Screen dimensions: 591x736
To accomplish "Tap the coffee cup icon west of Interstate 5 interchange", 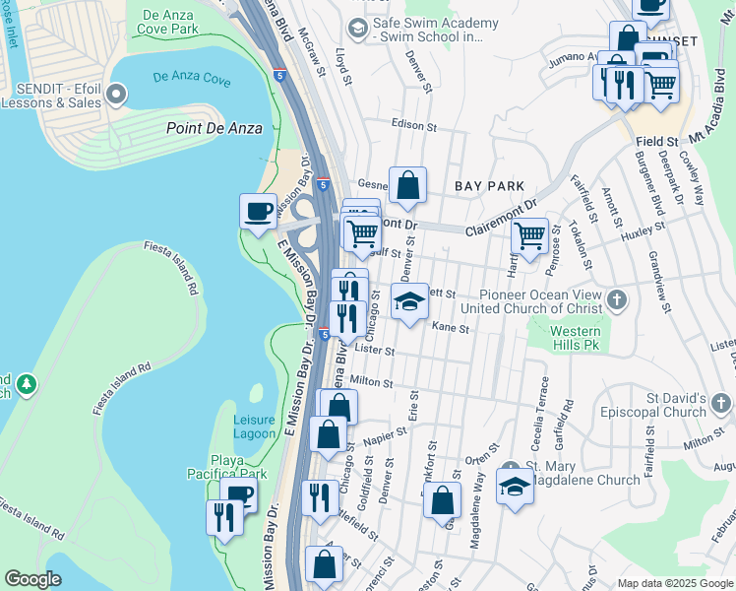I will click(258, 212).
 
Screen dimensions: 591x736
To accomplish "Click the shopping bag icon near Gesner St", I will click(407, 184).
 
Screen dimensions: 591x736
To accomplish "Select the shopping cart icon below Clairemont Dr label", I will click(530, 236).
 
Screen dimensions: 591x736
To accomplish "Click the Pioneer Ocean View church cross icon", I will click(616, 298).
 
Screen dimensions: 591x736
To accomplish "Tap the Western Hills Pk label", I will click(575, 339).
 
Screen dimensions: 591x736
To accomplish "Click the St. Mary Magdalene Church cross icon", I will click(509, 468).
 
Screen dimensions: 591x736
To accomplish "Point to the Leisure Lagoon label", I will click(254, 426).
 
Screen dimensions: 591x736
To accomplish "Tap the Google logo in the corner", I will click(33, 579).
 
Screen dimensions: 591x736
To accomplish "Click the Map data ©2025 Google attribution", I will click(674, 583).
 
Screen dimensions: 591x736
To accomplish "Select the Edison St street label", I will click(413, 126).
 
